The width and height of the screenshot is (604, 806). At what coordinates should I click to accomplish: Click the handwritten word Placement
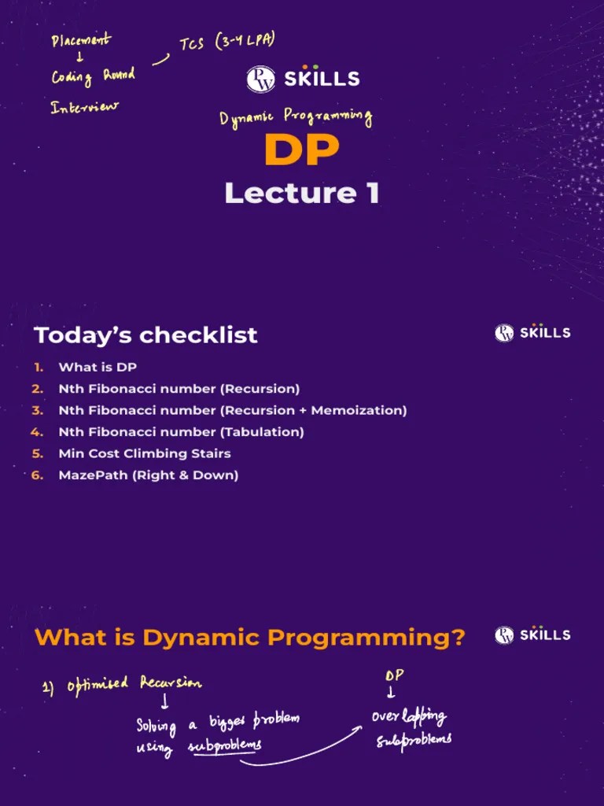click(x=81, y=40)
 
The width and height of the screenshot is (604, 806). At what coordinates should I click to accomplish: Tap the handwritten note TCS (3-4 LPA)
click(x=226, y=44)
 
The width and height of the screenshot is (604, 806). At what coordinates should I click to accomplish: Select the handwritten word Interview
click(x=85, y=107)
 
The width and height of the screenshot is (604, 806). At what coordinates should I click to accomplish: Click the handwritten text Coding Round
click(x=93, y=76)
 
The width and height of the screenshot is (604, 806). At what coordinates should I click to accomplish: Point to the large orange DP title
click(x=301, y=150)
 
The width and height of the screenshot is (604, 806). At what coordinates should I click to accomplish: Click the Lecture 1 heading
click(x=301, y=193)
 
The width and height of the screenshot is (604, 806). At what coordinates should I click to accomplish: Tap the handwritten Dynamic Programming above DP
click(x=295, y=117)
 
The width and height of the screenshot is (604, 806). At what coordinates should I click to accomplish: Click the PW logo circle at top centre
click(x=260, y=79)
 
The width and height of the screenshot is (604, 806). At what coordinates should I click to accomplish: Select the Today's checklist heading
click(x=145, y=335)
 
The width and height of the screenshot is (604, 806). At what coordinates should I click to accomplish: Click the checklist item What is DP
click(x=98, y=368)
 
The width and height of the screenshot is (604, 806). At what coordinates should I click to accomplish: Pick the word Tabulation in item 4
click(x=262, y=432)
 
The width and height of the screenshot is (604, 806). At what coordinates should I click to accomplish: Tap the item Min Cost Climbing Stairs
click(x=145, y=453)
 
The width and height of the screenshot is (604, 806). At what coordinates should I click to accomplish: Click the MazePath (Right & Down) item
click(x=148, y=475)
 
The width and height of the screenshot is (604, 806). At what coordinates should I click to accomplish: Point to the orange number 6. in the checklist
click(x=37, y=475)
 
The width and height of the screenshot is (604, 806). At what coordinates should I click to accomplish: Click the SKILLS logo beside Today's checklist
click(x=532, y=332)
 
